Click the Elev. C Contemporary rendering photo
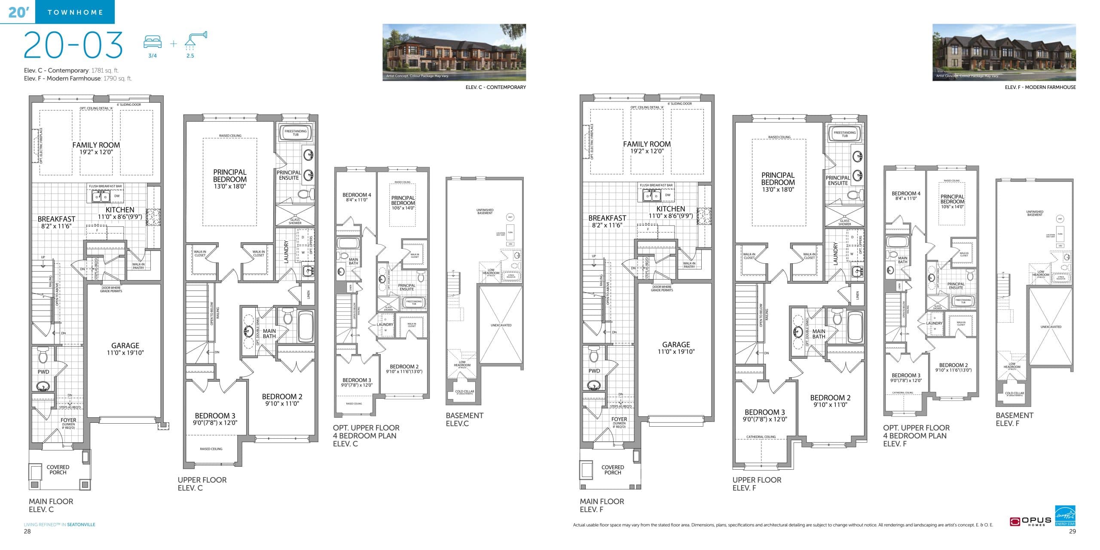coord(454,52)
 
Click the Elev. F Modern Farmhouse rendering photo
coord(1004,52)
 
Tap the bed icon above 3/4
coord(153,42)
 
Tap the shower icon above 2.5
coord(195,39)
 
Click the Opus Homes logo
coord(1030,521)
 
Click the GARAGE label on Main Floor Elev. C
coord(125,345)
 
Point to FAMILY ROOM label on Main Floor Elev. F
coord(647,144)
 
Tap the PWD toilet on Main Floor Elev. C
coord(43,355)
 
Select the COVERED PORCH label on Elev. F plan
coord(612,470)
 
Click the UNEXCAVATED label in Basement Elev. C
coord(501,325)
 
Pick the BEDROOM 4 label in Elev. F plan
coord(906,194)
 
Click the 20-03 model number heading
coord(73,45)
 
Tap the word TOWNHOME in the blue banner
coord(75,12)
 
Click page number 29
coord(1072,531)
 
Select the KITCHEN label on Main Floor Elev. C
coord(120,210)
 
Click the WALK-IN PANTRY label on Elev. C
coord(138,266)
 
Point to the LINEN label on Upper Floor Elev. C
coord(308,294)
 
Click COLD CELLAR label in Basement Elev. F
coord(1014,393)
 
